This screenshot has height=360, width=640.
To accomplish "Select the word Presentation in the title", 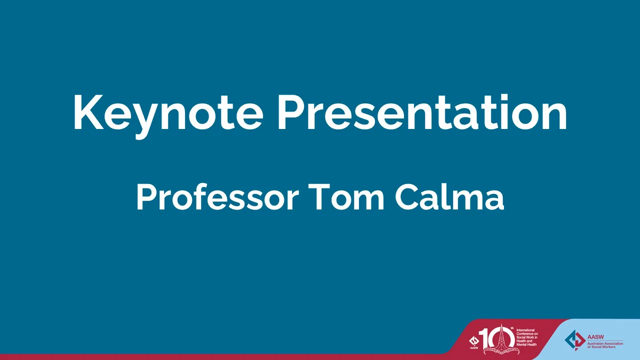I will click(422, 112).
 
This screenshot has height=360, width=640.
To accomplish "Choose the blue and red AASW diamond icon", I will click(574, 339).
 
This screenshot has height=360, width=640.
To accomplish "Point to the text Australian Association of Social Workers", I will click(605, 344).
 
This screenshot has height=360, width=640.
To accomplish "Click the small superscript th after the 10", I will click(511, 328).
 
